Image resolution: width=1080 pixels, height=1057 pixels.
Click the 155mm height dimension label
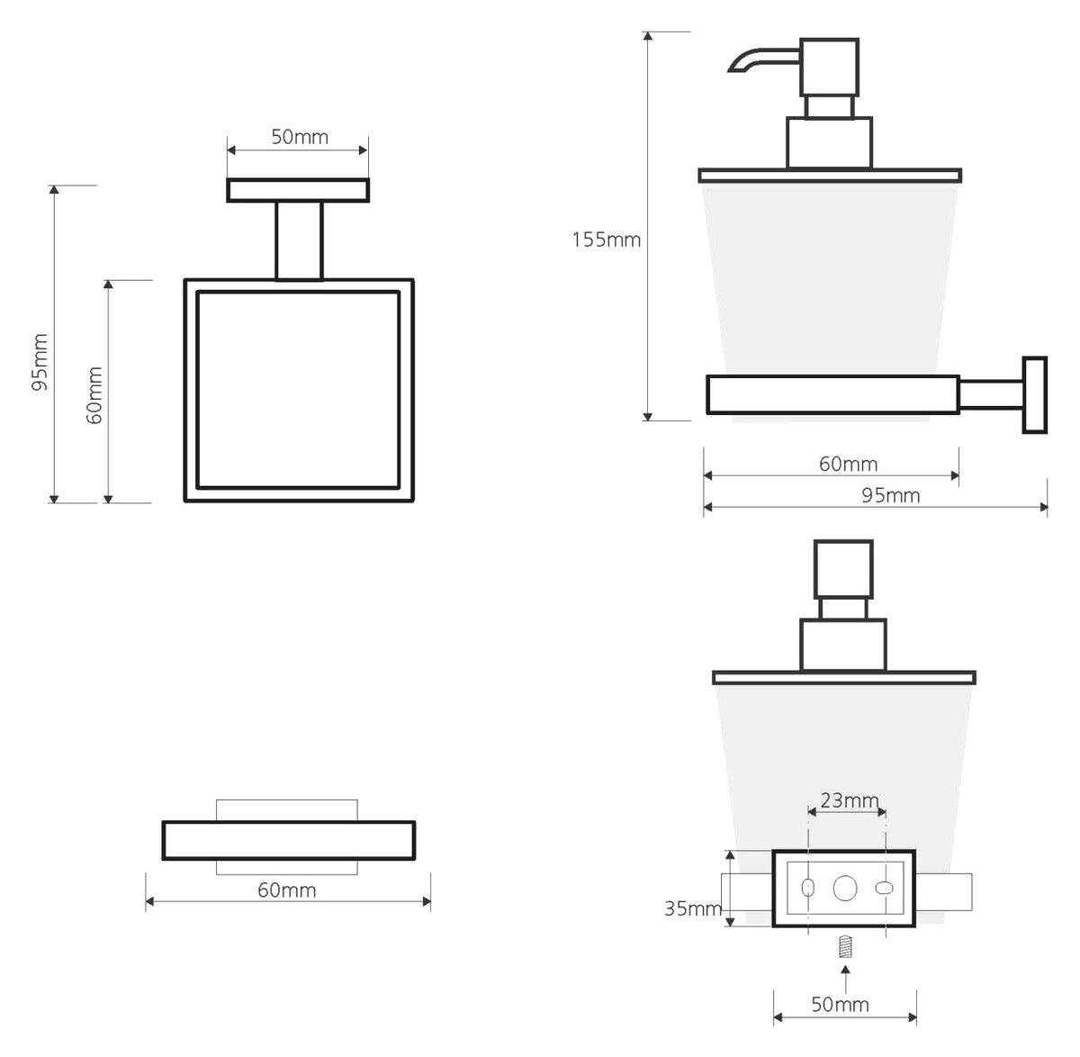[606, 239]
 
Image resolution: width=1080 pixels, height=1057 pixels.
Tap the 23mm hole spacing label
[850, 800]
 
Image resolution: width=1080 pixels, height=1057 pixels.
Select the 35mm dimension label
[693, 908]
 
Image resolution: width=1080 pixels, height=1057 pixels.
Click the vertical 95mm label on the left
[40, 362]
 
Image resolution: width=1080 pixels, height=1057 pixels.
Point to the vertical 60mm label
[94, 395]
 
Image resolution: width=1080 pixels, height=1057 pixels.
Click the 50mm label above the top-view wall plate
[300, 137]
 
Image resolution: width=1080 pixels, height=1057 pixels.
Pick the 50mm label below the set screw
[841, 1004]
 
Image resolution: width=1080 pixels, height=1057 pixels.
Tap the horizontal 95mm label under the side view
[891, 495]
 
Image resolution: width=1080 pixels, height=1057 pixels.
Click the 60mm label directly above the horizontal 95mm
[849, 464]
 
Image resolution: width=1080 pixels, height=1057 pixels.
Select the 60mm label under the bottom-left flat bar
[287, 890]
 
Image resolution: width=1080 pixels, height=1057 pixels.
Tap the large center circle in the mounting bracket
[845, 889]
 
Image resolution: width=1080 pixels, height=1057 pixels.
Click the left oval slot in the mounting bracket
[808, 888]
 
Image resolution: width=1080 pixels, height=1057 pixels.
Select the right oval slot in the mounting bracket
[884, 889]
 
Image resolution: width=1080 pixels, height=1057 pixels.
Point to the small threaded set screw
[845, 946]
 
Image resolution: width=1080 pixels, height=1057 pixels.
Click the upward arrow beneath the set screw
[845, 979]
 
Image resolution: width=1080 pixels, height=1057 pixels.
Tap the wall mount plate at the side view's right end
[1035, 394]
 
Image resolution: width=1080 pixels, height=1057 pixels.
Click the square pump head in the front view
[843, 570]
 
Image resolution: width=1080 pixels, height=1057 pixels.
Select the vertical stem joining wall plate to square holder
[299, 240]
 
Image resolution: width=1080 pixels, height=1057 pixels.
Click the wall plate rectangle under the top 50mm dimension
[298, 190]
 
